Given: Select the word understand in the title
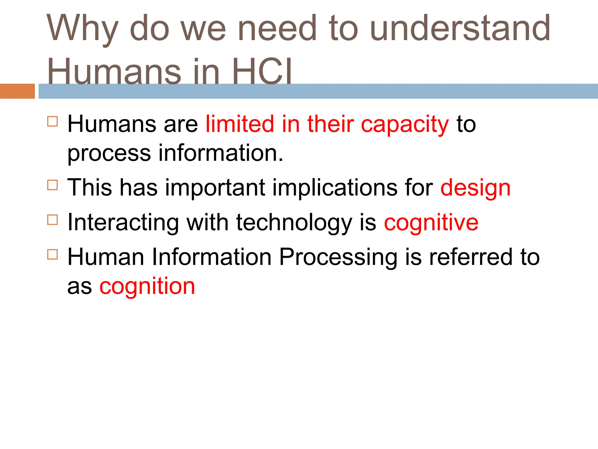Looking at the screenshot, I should pos(460,28).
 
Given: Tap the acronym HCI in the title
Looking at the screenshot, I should pos(262,72).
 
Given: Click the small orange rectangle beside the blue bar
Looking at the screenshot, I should pos(17,91).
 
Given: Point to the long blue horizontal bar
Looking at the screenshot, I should pos(318,91).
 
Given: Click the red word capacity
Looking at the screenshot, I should pos(405,125).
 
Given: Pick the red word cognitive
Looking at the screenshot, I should pos(431,223).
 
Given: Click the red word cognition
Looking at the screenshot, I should pos(147,286).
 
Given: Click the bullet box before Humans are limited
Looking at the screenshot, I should pos(53,121).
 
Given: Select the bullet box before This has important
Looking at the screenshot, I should pos(53,185).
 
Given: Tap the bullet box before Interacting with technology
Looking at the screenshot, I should pos(53,220).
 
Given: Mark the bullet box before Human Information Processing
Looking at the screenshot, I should pos(53,254).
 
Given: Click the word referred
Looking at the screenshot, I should pos(471,257).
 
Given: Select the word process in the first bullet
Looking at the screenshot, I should pos(109,154).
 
